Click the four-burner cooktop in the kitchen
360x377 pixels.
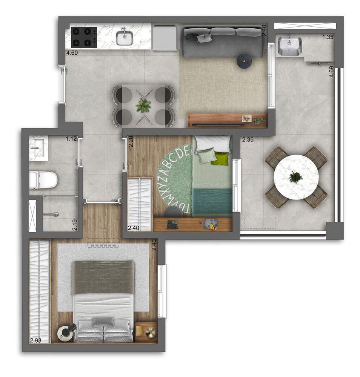pyautogui.click(x=83, y=37)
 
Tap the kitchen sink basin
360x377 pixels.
pyautogui.click(x=124, y=38)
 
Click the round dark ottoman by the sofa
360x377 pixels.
pyautogui.click(x=244, y=61)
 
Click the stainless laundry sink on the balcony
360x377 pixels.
pyautogui.click(x=289, y=46)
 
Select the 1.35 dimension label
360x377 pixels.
pyautogui.click(x=328, y=37)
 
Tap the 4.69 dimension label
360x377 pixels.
pyautogui.click(x=331, y=72)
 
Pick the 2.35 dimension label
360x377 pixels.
pyautogui.click(x=248, y=139)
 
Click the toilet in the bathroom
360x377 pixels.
pyautogui.click(x=43, y=179)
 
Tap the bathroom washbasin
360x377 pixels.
pyautogui.click(x=38, y=147)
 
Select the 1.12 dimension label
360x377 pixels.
pyautogui.click(x=71, y=139)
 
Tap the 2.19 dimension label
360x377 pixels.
pyautogui.click(x=75, y=225)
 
